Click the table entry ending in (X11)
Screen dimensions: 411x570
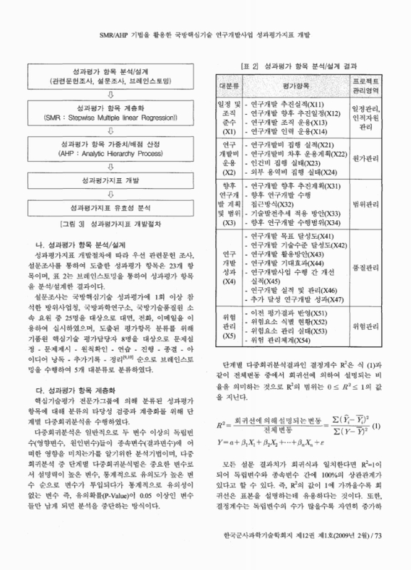284,103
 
